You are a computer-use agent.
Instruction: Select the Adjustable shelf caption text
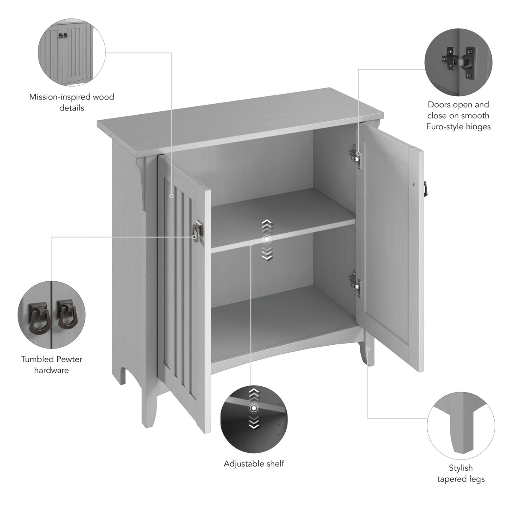(x=254, y=464)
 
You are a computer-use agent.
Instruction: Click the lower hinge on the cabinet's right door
(x=355, y=280)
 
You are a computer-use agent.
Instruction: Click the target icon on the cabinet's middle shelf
(x=267, y=239)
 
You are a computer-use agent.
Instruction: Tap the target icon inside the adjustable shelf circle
(x=253, y=408)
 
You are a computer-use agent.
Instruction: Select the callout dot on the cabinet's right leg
(x=368, y=349)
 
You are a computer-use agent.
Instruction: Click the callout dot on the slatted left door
(x=171, y=195)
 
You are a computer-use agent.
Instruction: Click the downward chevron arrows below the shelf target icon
(x=267, y=253)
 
